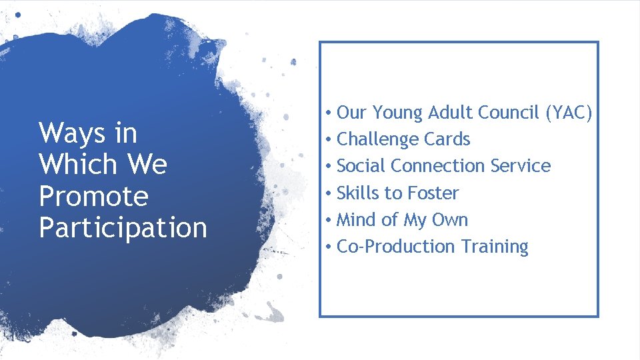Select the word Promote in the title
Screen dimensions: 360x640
point(93,196)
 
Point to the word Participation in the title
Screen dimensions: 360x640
point(123,228)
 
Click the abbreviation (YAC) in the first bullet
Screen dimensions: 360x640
point(569,113)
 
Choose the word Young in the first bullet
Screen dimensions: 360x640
point(397,113)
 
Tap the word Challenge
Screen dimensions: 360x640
point(378,140)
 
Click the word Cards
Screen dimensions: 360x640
point(447,139)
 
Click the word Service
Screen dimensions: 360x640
point(521,166)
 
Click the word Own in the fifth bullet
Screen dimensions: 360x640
point(451,220)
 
